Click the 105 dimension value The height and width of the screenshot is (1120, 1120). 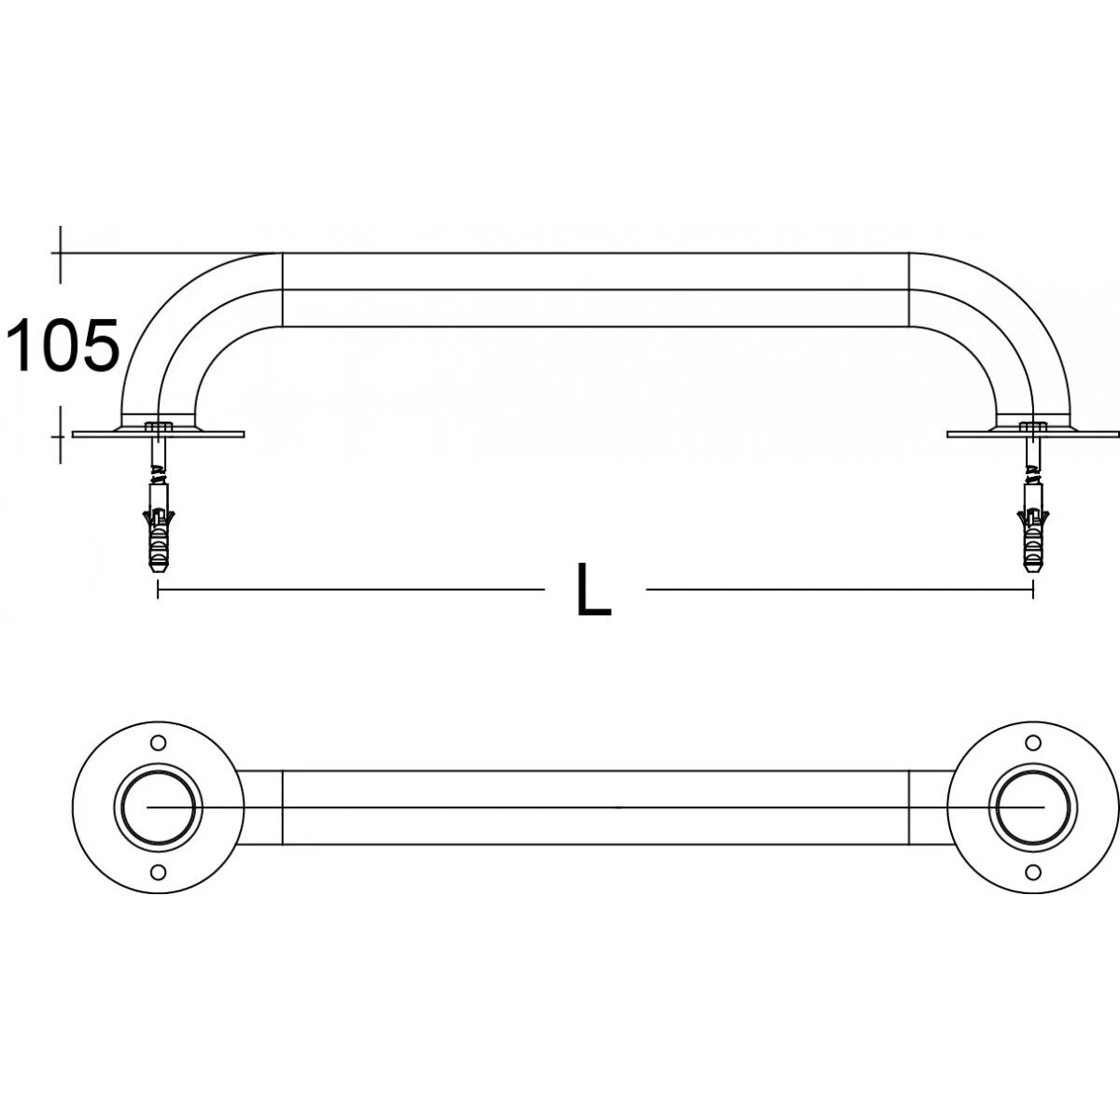click(63, 345)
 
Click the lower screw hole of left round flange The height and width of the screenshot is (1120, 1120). click(158, 872)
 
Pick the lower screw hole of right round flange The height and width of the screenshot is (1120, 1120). click(1032, 872)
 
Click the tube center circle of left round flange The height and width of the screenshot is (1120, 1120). click(158, 807)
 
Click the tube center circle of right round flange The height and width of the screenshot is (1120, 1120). click(1032, 807)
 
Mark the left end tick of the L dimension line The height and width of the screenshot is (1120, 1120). click(158, 590)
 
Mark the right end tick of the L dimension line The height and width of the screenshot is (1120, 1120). click(1032, 590)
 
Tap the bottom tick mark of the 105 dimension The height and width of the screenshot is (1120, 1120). click(61, 434)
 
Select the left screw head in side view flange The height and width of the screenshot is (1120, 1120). click(159, 427)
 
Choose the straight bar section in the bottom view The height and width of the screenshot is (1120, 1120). click(595, 807)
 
